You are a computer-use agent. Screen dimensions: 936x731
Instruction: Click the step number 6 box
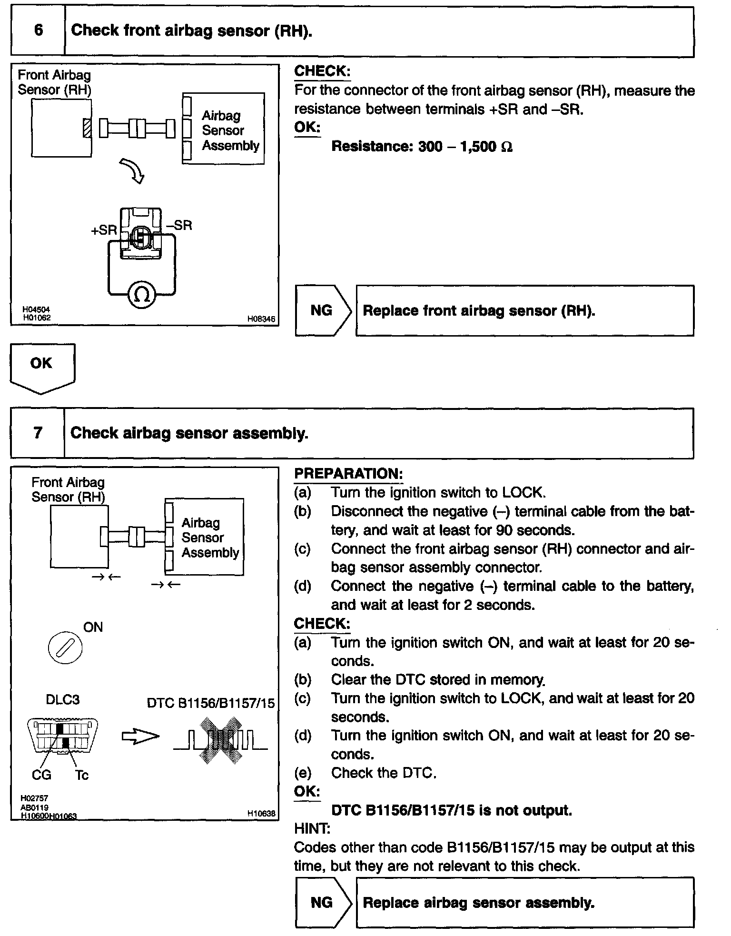[38, 31]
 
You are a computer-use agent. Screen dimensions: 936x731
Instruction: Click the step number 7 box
[38, 433]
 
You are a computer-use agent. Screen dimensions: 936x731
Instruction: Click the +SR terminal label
[104, 230]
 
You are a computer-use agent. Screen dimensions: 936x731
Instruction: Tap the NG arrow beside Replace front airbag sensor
[322, 311]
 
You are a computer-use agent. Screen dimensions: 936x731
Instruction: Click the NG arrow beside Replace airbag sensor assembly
[322, 903]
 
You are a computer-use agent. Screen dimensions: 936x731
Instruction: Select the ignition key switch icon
[65, 647]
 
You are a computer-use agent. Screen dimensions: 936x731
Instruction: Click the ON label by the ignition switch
[93, 627]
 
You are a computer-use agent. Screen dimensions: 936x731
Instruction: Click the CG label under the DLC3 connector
[41, 775]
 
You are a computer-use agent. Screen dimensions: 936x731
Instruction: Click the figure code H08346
[261, 320]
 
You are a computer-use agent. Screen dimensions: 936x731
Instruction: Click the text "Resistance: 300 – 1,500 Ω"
[422, 147]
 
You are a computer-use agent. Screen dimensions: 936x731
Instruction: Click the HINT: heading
[312, 829]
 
